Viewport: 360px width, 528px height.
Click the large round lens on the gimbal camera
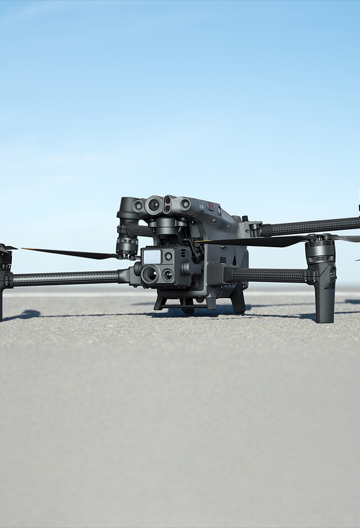pos(150,274)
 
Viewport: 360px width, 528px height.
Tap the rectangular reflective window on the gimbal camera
pos(151,256)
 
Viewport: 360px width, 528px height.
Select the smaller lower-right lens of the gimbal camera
pos(168,275)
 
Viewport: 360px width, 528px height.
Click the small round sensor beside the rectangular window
pos(168,256)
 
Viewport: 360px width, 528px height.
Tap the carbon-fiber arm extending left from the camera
pos(66,278)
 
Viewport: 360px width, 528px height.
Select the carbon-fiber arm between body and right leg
pos(270,275)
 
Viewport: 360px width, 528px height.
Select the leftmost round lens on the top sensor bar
pos(139,206)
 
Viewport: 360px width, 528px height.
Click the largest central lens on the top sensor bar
pos(154,205)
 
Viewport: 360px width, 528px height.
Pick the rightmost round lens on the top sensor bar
pos(185,205)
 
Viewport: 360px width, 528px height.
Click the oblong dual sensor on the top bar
pos(167,204)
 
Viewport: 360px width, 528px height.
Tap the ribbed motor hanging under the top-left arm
pos(127,245)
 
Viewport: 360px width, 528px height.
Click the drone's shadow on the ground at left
pos(24,314)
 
